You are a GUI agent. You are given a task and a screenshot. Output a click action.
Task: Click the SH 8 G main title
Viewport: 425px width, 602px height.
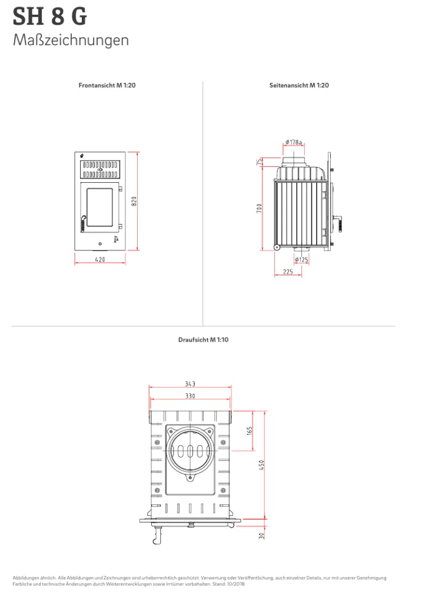[x=50, y=16]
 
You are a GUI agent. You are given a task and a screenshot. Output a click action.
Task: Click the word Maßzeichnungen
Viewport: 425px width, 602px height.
[x=71, y=41]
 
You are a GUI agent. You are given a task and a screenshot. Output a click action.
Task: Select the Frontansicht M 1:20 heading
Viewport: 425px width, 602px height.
[x=107, y=85]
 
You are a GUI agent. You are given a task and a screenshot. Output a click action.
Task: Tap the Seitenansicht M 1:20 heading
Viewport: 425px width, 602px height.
[x=299, y=85]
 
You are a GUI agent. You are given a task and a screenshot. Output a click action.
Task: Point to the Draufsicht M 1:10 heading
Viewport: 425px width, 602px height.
[x=203, y=340]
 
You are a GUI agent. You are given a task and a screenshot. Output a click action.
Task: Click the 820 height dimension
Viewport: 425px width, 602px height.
[x=134, y=201]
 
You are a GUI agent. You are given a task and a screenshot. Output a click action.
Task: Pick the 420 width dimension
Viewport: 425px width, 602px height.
[x=100, y=259]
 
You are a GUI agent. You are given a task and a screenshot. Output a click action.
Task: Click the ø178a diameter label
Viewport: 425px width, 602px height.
[x=294, y=142]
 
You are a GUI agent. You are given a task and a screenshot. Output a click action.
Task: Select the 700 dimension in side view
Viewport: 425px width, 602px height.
[x=260, y=209]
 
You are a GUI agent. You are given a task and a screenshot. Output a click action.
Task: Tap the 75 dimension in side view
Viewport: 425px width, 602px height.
[x=260, y=162]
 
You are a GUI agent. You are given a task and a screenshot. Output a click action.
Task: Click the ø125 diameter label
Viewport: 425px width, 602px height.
[x=301, y=260]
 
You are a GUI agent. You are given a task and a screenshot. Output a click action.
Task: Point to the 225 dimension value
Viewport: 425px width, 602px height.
[x=288, y=272]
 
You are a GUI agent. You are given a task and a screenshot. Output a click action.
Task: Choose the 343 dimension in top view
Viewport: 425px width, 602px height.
[x=190, y=384]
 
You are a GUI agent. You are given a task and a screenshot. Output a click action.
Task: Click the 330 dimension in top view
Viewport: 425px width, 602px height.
[x=190, y=396]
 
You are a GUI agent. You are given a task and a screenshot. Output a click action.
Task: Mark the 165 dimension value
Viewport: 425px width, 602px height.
[x=250, y=431]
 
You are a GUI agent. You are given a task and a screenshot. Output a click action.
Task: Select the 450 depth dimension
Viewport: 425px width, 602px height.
[x=262, y=466]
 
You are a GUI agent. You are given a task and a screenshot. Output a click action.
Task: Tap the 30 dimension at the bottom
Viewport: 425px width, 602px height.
[x=262, y=536]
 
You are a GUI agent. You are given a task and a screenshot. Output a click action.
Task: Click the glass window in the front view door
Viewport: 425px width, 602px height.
[x=100, y=208]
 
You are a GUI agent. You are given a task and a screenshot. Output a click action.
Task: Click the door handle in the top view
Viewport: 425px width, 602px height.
[x=157, y=535]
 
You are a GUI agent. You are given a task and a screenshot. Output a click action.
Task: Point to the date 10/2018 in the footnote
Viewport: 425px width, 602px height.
[x=235, y=584]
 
